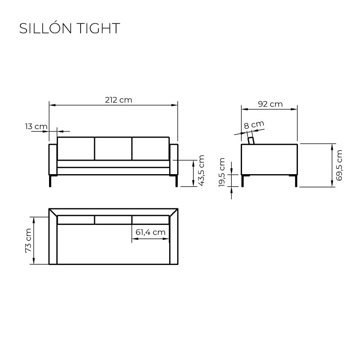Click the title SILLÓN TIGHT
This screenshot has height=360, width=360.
point(70,28)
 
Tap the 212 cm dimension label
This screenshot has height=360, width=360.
point(118,100)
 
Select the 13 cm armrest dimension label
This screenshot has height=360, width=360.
point(36,126)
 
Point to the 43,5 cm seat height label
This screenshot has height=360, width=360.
point(201,171)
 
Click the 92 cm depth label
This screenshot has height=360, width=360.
point(270,104)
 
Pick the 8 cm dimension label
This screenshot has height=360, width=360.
point(254,125)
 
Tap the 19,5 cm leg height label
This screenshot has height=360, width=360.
point(222,172)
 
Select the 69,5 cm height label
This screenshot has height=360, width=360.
point(339,165)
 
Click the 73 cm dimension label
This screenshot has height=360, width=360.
point(28,240)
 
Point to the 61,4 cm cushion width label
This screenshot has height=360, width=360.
point(150,232)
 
